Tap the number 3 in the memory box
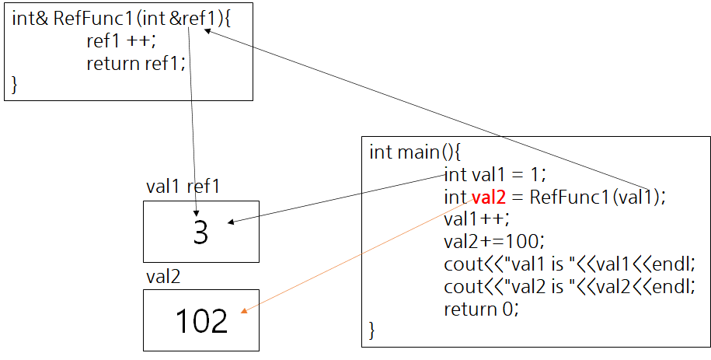[x=200, y=232]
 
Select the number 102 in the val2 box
[x=201, y=320]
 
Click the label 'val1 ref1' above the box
[x=183, y=187]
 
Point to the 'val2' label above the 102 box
[x=162, y=276]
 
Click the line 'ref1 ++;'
[x=121, y=41]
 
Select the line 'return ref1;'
[x=136, y=63]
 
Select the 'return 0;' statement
[x=481, y=309]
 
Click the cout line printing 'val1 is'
[x=579, y=264]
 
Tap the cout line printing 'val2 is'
[x=579, y=286]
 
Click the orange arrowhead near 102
[x=244, y=313]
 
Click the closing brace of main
[x=371, y=330]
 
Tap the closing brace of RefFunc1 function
[x=14, y=84]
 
